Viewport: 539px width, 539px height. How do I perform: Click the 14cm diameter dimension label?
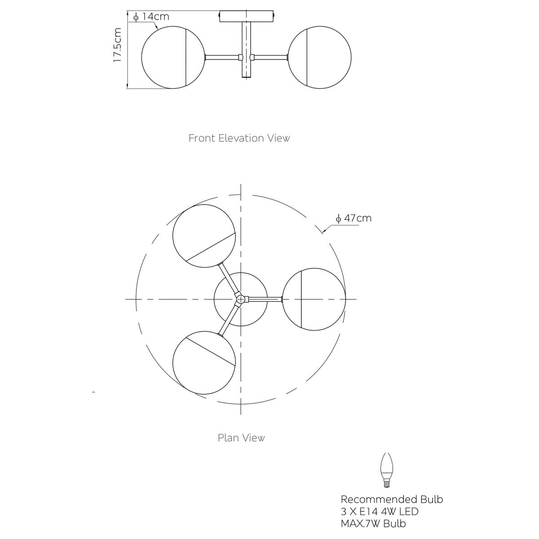click(x=152, y=17)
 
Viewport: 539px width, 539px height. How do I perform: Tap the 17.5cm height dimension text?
click(x=118, y=45)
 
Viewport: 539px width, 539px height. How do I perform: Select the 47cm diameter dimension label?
click(x=353, y=218)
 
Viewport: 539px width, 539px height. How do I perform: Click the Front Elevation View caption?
click(x=239, y=138)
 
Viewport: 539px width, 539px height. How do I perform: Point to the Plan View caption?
click(x=241, y=438)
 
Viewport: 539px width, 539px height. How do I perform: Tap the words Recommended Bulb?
click(x=392, y=499)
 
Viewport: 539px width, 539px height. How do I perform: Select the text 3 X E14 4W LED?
click(x=380, y=511)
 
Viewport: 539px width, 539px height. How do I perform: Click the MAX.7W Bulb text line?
click(x=373, y=523)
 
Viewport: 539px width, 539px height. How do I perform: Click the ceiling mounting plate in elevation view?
click(x=247, y=17)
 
